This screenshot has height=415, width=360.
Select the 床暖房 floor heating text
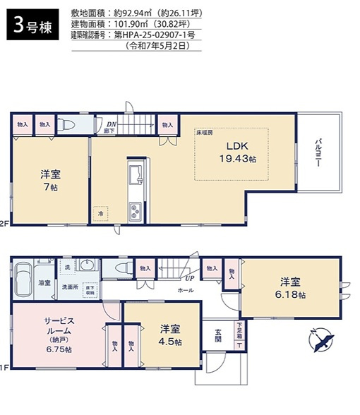[x=204, y=132]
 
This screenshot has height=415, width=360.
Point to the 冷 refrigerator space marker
[x=100, y=212]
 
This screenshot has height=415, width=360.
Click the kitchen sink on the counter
[x=136, y=174]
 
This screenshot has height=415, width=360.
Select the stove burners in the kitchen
[x=135, y=210]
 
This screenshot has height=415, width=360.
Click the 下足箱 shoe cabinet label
[x=240, y=330]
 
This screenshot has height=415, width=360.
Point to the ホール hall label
[x=185, y=290]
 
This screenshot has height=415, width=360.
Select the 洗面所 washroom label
[x=69, y=287]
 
